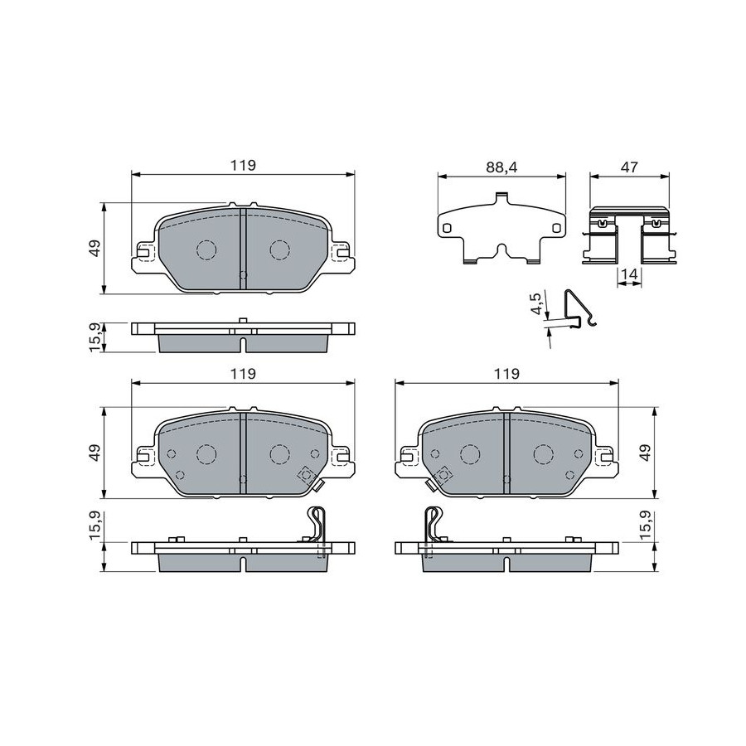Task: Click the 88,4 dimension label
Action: coord(501,167)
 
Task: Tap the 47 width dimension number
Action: coord(629,167)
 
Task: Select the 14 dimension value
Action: coord(629,274)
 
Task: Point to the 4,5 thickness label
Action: coord(536,303)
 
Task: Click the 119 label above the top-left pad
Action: coord(243,166)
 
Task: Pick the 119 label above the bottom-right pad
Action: coord(506,374)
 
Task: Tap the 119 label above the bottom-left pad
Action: coord(243,374)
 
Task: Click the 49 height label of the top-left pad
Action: coord(95,249)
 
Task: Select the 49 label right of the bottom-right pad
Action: coord(645,453)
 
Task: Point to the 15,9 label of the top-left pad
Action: coord(95,338)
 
